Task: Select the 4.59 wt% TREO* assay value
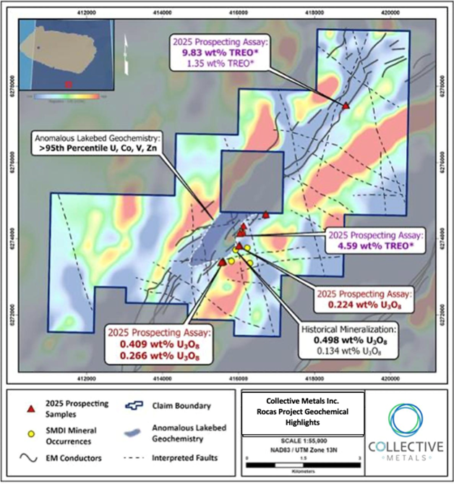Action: [374, 246]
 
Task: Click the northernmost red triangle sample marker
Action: [346, 106]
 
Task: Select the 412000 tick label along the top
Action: [87, 12]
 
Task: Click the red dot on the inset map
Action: [69, 85]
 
